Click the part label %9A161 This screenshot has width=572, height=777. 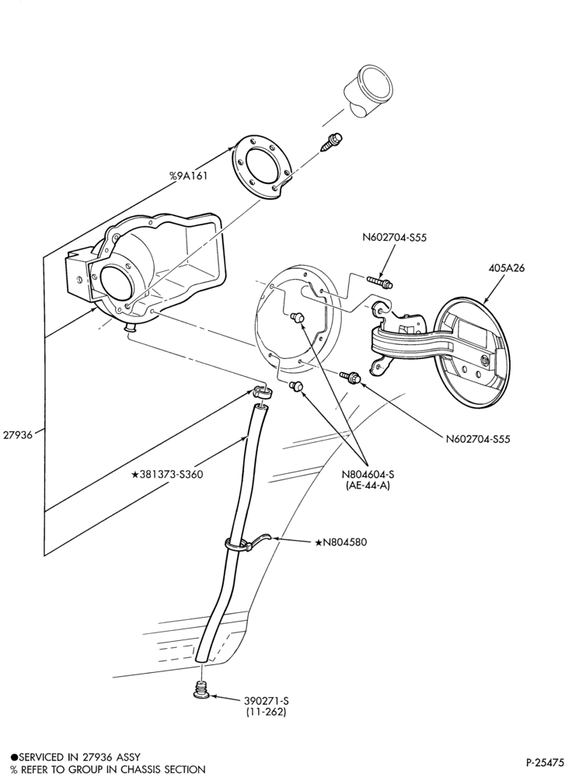pyautogui.click(x=188, y=176)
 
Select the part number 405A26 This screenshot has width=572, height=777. pyautogui.click(x=506, y=268)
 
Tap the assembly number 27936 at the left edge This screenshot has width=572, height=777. pyautogui.click(x=17, y=434)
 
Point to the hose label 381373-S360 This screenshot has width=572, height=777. pyautogui.click(x=167, y=474)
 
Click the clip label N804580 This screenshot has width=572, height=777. pyautogui.click(x=341, y=542)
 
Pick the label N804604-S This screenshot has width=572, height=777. pyautogui.click(x=368, y=475)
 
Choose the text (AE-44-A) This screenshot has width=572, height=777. pyautogui.click(x=368, y=486)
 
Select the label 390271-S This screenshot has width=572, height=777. pyautogui.click(x=266, y=701)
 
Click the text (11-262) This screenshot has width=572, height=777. pyautogui.click(x=266, y=712)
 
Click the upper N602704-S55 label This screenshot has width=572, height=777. pyautogui.click(x=394, y=237)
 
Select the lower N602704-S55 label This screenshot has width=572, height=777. pyautogui.click(x=478, y=438)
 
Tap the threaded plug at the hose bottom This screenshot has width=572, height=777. pyautogui.click(x=202, y=691)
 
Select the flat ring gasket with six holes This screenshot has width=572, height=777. pyautogui.click(x=260, y=167)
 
